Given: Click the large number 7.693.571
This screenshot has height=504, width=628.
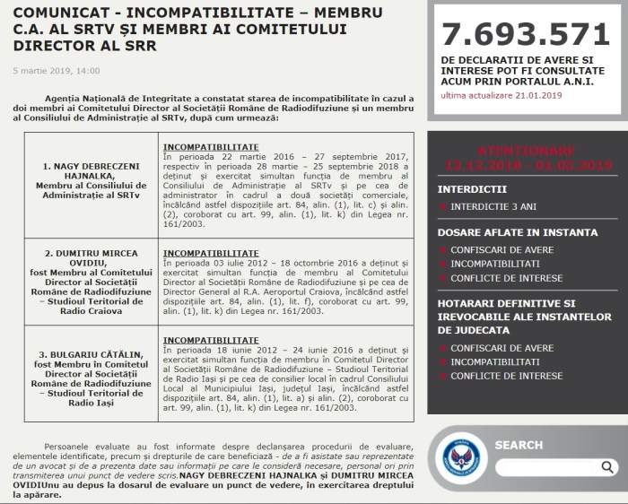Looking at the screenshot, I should pyautogui.click(x=526, y=34).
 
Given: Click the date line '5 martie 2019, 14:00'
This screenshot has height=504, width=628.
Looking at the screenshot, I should pyautogui.click(x=57, y=70).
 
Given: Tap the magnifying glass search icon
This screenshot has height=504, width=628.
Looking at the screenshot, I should pyautogui.click(x=608, y=466).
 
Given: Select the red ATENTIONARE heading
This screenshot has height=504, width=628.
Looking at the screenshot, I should pyautogui.click(x=526, y=150).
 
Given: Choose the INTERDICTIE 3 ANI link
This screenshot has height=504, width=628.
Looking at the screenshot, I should pyautogui.click(x=493, y=206).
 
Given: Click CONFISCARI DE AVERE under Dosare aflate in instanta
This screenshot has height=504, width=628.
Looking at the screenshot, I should pyautogui.click(x=502, y=250).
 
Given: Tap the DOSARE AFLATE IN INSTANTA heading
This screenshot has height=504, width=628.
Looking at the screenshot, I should pyautogui.click(x=517, y=232).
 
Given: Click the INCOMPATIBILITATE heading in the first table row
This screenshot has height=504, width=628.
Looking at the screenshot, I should pyautogui.click(x=210, y=146).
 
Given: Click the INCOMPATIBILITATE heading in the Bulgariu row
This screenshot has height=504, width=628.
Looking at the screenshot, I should pyautogui.click(x=210, y=340).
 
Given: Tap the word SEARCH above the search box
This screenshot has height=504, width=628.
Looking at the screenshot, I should pyautogui.click(x=519, y=445).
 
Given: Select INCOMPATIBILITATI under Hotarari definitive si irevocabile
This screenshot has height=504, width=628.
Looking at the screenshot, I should pyautogui.click(x=494, y=361).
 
